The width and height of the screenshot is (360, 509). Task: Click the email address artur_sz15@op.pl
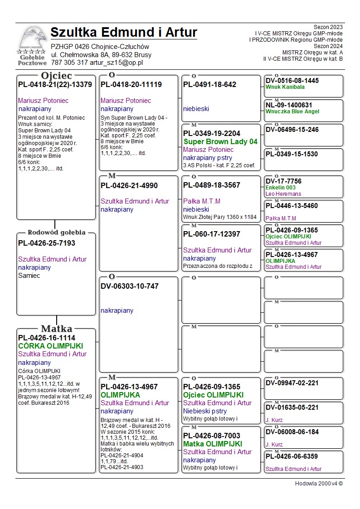tap(116, 63)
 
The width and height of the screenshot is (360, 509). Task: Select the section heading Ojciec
tap(57, 76)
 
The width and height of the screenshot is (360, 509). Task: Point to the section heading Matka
tap(57, 329)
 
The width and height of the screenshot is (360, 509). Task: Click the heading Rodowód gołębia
tap(57, 233)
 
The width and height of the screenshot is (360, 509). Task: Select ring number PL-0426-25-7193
tap(47, 243)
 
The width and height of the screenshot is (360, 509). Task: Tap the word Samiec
tap(29, 276)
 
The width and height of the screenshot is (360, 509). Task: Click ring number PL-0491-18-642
tap(209, 85)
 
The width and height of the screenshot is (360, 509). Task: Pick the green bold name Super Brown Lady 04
tap(220, 142)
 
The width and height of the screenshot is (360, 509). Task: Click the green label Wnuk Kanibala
tap(285, 87)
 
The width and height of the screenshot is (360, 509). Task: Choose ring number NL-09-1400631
tap(289, 105)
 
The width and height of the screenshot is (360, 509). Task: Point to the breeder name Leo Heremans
tap(283, 194)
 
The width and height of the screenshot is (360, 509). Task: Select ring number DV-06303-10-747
tap(130, 286)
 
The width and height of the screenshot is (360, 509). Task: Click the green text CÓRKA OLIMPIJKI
tap(50, 346)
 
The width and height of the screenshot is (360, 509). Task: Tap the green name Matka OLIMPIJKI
tap(213, 444)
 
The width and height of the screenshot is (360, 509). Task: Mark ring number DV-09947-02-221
tap(292, 383)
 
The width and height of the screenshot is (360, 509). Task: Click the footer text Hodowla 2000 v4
tap(319, 484)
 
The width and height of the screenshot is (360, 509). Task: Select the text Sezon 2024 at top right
tap(328, 46)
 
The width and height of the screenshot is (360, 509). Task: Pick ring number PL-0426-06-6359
tap(292, 456)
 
